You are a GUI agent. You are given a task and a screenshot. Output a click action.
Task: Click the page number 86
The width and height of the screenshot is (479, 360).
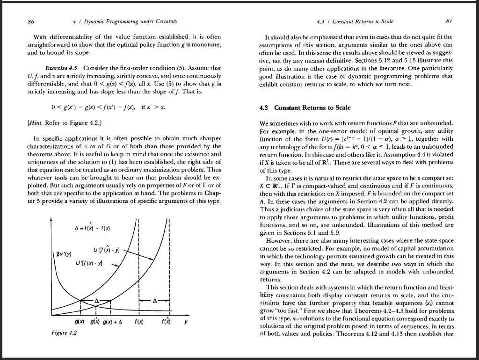coord(31,21)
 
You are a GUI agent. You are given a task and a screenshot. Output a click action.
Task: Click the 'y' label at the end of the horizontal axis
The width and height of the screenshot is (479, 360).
coord(186,322)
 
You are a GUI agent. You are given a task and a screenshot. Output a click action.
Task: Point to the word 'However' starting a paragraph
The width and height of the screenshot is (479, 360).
coord(278,241)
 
